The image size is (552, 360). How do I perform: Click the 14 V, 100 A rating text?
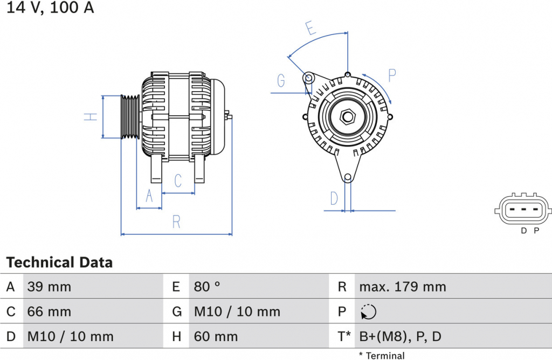coord(50,7)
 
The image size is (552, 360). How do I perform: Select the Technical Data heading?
coord(59,262)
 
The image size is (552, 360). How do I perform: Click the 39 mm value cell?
coord(49,287)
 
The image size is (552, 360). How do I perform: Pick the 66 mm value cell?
coord(49,312)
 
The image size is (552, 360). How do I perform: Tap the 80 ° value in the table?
coord(207,287)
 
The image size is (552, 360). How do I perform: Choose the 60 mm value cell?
coord(216,337)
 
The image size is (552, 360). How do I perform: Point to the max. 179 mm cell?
coord(403,287)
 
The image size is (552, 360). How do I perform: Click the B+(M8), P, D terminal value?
coord(401,337)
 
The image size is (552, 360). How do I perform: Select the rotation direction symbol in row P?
coord(368,312)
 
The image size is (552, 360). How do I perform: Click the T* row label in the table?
coord(344,337)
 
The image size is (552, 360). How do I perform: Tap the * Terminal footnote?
coord(382,356)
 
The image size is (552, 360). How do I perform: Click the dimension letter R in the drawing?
coord(176,222)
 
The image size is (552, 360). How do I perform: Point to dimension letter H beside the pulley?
coord(91,117)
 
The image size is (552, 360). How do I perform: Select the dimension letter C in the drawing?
coord(178,181)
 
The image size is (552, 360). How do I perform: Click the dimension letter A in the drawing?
coord(149,196)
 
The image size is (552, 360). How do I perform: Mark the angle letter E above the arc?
coord(310,28)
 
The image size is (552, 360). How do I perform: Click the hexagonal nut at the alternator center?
coord(348,116)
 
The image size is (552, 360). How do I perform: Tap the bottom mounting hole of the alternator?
coord(348,178)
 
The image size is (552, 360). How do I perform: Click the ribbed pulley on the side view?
coord(130,116)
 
